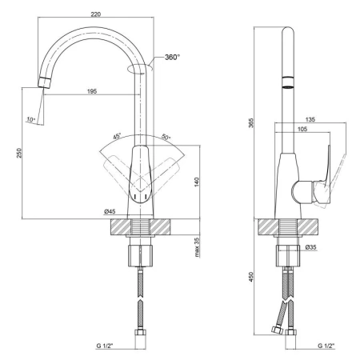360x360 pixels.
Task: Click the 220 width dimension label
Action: (x=96, y=14)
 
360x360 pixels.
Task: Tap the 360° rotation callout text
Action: (x=172, y=57)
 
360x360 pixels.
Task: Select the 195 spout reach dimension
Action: (x=92, y=91)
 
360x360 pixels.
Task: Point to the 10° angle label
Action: (x=31, y=120)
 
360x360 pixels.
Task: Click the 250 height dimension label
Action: (x=19, y=153)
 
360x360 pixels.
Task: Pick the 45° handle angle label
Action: (x=117, y=136)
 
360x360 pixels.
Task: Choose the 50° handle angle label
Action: (x=166, y=137)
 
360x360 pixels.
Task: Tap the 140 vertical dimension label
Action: (x=197, y=182)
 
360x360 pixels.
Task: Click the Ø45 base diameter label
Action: (x=110, y=211)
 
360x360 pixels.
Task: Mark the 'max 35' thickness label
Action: (x=197, y=247)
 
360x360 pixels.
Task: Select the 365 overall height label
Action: (x=251, y=122)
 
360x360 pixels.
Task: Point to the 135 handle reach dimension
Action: (x=310, y=119)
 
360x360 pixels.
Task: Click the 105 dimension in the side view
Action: (x=302, y=129)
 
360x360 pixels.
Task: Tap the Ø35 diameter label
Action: (x=310, y=247)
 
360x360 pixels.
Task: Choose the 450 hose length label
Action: (x=251, y=277)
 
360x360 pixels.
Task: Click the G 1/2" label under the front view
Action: (x=105, y=346)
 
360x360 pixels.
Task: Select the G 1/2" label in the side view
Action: (x=326, y=346)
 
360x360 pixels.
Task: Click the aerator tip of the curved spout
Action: (x=44, y=82)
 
